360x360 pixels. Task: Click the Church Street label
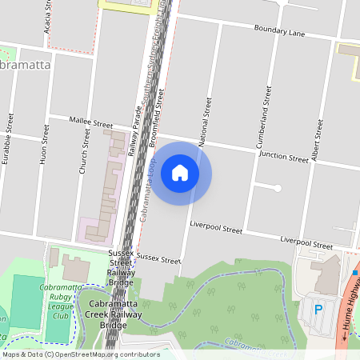click(x=82, y=154)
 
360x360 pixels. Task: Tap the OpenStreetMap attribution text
click(x=80, y=354)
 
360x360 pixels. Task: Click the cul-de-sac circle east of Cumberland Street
click(x=278, y=188)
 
